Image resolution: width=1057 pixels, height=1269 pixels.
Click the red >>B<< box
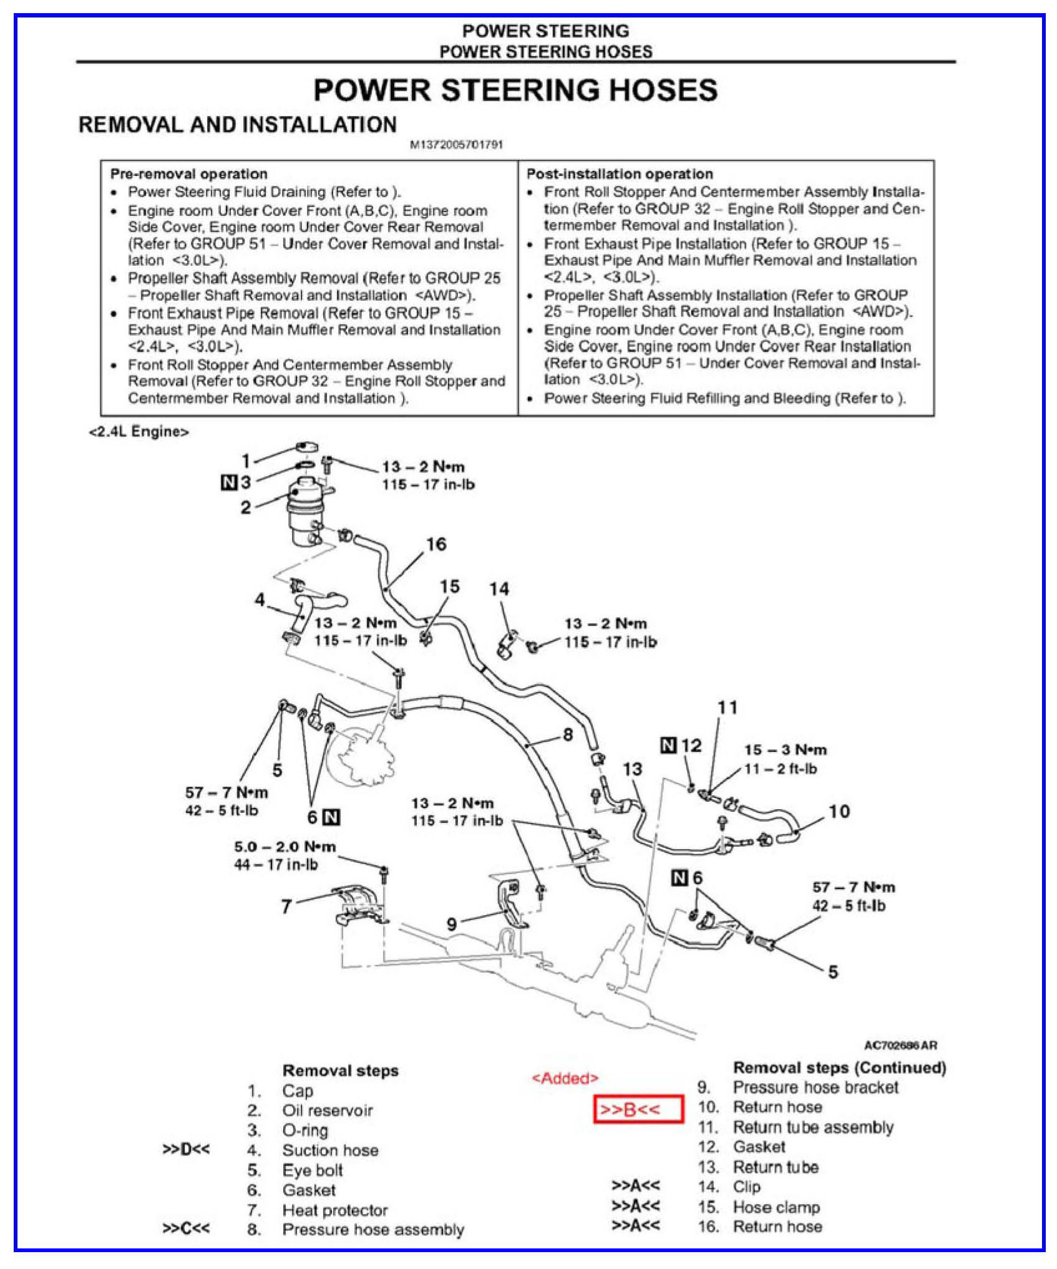pyautogui.click(x=638, y=1109)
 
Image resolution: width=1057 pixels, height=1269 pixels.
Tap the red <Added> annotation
pyautogui.click(x=564, y=1078)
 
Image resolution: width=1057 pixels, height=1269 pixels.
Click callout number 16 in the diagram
pyautogui.click(x=436, y=544)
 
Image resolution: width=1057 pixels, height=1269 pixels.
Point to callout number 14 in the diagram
pyautogui.click(x=499, y=588)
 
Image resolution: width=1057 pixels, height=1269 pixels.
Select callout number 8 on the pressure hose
pyautogui.click(x=567, y=734)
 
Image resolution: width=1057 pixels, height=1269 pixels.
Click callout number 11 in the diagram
pyautogui.click(x=727, y=707)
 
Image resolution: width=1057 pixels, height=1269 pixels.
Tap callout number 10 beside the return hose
pyautogui.click(x=839, y=811)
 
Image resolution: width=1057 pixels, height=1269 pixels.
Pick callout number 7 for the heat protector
pyautogui.click(x=286, y=906)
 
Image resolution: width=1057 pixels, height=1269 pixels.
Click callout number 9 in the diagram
pyautogui.click(x=452, y=924)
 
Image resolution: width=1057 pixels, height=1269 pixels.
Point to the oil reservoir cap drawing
pyautogui.click(x=306, y=447)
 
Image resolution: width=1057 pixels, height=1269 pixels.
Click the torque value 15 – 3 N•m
pyautogui.click(x=785, y=750)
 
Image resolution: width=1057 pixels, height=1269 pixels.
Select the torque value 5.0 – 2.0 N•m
pyautogui.click(x=285, y=847)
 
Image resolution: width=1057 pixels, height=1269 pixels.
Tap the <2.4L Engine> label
pyautogui.click(x=139, y=432)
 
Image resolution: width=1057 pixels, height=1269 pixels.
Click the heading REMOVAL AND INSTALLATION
pyautogui.click(x=237, y=125)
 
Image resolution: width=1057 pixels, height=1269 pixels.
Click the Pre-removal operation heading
pyautogui.click(x=188, y=174)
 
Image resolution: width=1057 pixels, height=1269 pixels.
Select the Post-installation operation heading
pyautogui.click(x=619, y=174)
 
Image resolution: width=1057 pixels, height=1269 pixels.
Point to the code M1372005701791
pyautogui.click(x=456, y=145)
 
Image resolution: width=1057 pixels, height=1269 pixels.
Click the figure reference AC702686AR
pyautogui.click(x=900, y=1045)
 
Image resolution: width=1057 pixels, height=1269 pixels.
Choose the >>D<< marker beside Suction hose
pyautogui.click(x=186, y=1150)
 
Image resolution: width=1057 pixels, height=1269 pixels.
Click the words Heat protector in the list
pyautogui.click(x=334, y=1210)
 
